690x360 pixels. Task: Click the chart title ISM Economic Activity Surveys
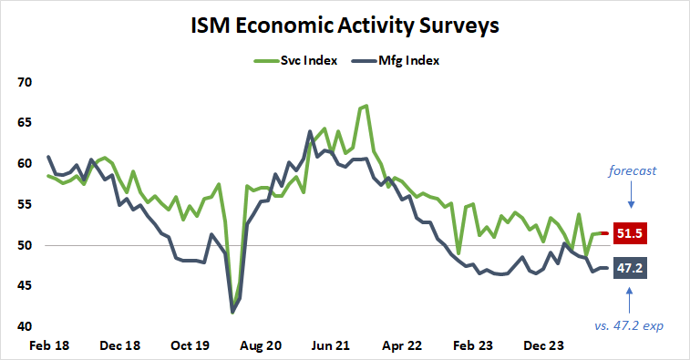coord(345,25)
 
